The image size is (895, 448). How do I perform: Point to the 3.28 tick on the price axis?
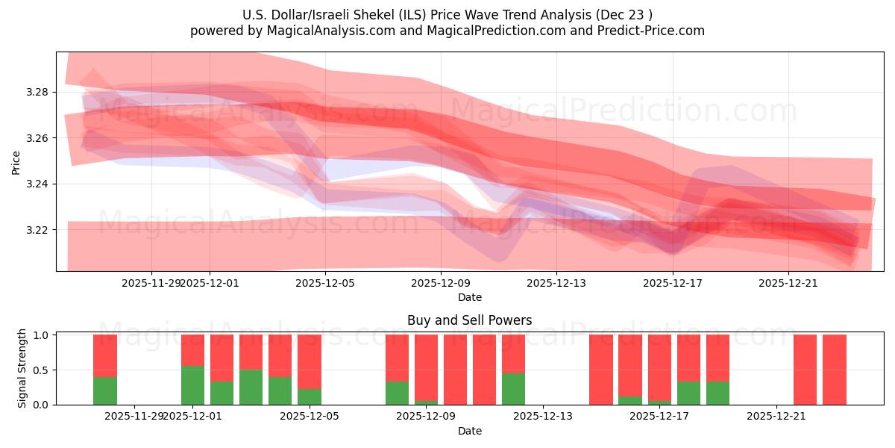37,93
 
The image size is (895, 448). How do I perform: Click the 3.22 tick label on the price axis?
37,230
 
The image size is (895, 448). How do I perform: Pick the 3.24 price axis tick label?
37,184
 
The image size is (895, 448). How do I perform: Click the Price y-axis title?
16,161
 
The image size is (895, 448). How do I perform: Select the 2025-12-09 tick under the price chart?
442,283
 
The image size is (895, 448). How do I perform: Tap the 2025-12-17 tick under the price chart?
673,283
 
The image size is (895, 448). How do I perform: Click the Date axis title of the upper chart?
470,297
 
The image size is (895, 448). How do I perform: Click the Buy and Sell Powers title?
470,320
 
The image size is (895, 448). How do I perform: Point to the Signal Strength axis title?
22,368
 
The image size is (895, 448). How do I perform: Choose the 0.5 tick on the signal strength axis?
42,370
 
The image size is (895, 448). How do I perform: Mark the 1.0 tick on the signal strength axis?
42,335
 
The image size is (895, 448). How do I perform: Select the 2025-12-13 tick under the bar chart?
543,417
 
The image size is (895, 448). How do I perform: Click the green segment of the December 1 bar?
192,385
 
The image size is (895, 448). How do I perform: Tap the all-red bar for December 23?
835,370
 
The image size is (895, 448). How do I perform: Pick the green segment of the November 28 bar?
105,391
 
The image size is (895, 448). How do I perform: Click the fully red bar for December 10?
485,370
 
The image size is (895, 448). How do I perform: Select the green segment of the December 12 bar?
514,389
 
